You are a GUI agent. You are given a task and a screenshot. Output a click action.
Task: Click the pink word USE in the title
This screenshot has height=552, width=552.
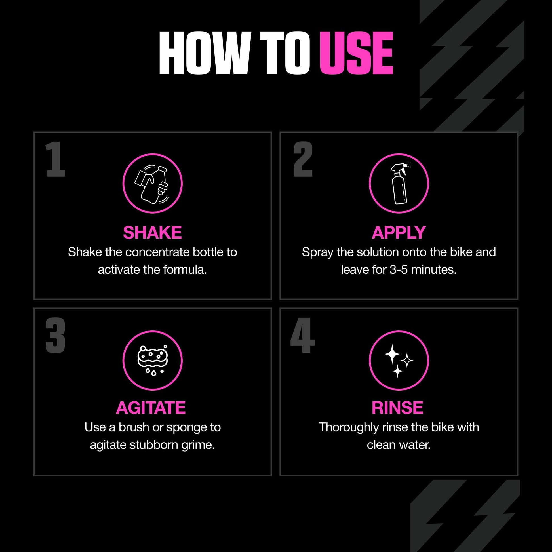356,53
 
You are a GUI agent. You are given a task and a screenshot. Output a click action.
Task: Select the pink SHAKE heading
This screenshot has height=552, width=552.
152,233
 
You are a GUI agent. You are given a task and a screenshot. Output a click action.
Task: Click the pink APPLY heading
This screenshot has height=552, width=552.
399,233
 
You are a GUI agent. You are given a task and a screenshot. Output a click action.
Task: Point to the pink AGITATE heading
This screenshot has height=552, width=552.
151,408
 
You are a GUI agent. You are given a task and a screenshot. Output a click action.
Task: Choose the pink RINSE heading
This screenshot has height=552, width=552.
397,408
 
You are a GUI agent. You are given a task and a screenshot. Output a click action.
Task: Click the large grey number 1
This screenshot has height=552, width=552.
55,159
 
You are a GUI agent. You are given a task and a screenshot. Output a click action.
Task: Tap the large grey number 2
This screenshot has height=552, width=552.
303,159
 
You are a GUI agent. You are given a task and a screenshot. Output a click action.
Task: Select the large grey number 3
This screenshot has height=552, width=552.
55,336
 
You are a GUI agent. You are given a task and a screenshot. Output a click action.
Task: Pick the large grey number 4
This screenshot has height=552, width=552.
303,336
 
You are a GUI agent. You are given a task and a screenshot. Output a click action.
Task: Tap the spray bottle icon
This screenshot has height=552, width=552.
400,184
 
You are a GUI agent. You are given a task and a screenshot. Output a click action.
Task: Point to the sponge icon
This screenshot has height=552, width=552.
153,360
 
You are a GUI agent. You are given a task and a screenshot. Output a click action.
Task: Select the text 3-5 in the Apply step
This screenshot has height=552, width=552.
399,270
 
